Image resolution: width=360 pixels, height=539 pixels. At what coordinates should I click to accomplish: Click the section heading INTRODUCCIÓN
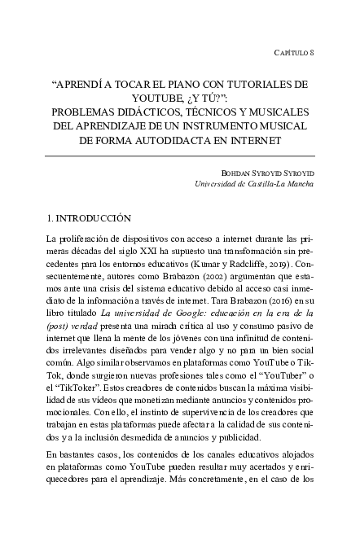coord(93,218)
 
